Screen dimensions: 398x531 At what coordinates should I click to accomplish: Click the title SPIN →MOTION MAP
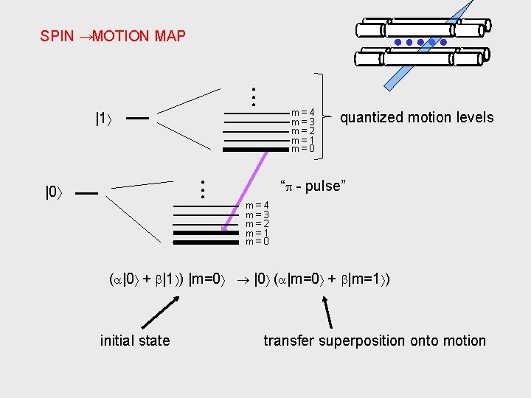tap(113, 35)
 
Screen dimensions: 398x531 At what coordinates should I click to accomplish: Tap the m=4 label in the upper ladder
tap(302, 113)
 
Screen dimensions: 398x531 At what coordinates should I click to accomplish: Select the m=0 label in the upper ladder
tap(302, 149)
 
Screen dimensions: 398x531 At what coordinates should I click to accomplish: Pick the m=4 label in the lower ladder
tap(257, 205)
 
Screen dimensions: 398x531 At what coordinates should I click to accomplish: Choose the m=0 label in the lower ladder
tap(257, 241)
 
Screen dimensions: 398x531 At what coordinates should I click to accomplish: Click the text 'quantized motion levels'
tap(417, 117)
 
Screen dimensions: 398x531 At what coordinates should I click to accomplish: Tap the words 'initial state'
tap(135, 341)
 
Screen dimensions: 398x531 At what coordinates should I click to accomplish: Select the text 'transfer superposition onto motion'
tap(375, 341)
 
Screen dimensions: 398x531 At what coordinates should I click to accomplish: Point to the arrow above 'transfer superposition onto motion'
tap(327, 310)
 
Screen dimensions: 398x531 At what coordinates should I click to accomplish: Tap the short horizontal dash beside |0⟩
tap(86, 193)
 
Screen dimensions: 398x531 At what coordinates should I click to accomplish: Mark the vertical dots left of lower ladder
tap(201, 189)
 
